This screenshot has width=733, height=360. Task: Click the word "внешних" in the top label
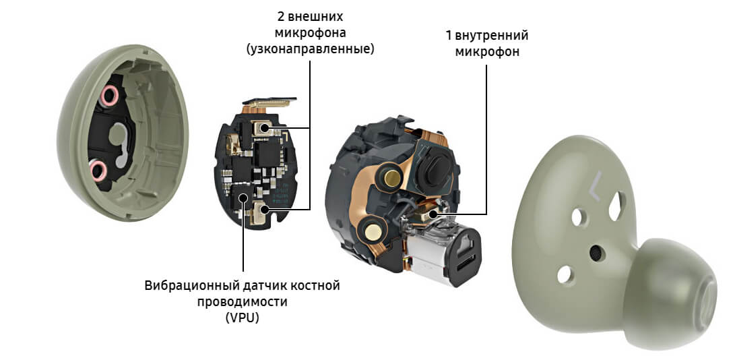coord(315,18)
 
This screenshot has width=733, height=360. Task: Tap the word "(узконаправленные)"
coord(311,49)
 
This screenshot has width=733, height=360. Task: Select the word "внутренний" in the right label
coord(491,36)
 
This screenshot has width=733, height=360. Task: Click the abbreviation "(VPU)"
coord(242,318)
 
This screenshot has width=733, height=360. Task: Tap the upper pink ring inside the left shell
coord(109,96)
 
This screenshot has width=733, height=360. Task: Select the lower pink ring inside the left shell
coord(98,170)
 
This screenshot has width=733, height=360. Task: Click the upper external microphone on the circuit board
coord(262,127)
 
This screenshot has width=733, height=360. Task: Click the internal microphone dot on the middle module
coord(433,214)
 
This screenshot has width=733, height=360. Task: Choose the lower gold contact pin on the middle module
coord(373,231)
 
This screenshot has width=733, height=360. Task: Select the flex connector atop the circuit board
coord(269,102)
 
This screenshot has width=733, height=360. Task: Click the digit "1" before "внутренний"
coord(448,36)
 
